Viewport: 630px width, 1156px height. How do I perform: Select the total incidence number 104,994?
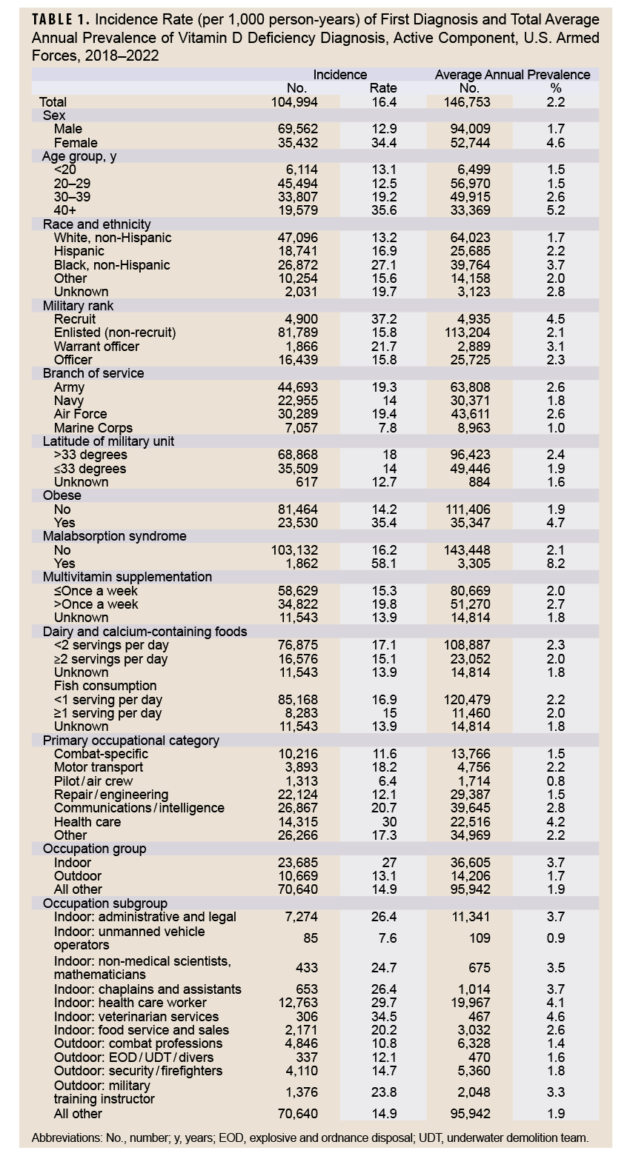297,101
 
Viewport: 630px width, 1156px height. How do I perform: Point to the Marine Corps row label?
93,427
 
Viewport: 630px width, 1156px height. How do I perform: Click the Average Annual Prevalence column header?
512,74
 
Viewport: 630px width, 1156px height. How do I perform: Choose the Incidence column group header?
339,74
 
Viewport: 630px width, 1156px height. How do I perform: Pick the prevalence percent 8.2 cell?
555,563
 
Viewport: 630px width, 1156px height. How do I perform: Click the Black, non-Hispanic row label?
112,264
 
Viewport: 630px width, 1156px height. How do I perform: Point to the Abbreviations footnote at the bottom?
310,1137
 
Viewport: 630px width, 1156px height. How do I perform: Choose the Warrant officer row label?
96,346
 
